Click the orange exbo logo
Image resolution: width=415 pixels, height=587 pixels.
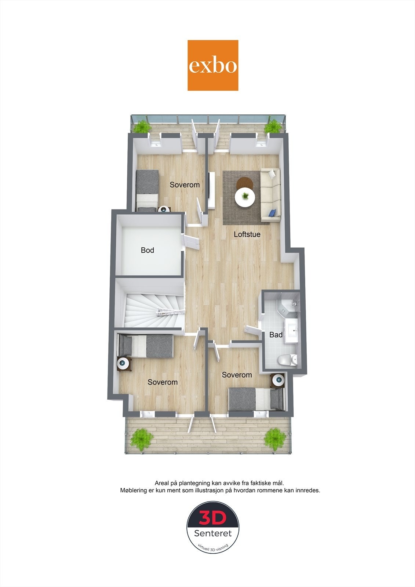click(213, 65)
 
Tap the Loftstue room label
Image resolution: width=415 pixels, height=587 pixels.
click(247, 234)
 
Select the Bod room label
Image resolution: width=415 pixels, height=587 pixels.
click(147, 250)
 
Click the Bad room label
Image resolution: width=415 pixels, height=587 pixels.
click(276, 335)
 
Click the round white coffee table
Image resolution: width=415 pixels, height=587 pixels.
click(245, 198)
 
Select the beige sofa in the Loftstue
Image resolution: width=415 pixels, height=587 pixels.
click(271, 195)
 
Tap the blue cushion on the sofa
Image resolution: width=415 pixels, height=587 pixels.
click(272, 212)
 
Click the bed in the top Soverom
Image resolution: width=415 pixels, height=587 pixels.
click(147, 189)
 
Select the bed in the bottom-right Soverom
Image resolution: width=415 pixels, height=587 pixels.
click(256, 399)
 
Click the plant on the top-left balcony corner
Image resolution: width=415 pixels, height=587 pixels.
click(142, 127)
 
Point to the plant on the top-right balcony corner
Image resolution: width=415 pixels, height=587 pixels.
click(273, 127)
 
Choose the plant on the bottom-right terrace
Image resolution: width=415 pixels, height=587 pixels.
click(275, 439)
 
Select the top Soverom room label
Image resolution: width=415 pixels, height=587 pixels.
click(185, 185)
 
